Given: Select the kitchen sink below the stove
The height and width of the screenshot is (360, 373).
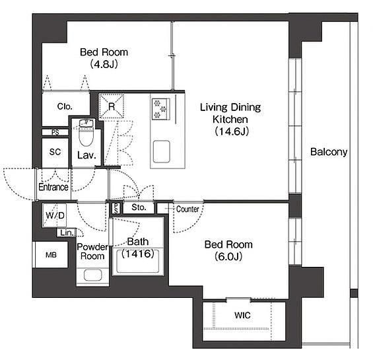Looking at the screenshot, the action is (162, 152).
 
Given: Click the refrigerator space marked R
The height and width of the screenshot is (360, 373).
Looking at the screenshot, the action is (112, 106).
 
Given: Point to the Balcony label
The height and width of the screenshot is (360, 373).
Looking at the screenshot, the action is (329, 152).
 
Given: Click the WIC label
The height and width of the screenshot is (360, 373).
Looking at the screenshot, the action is (242, 315).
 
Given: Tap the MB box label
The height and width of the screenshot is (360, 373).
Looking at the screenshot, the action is (51, 255).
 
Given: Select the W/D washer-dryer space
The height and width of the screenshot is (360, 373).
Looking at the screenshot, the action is (55, 215).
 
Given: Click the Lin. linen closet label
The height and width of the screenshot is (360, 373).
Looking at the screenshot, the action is (67, 233).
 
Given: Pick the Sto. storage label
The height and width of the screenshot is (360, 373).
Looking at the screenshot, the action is (139, 207).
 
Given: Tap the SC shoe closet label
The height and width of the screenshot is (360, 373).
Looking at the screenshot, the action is (55, 152).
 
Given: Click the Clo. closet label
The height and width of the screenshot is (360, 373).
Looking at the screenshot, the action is (65, 106).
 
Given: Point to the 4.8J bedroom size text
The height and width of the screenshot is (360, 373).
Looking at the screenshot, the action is (104, 64).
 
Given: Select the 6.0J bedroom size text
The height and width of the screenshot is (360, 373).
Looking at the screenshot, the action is (228, 256).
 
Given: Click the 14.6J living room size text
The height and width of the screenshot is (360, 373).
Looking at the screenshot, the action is (232, 131).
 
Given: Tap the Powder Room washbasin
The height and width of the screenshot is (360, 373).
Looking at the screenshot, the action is (93, 275).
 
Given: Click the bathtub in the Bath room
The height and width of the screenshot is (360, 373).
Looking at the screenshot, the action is (138, 261).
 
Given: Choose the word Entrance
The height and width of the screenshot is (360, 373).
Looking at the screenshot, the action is (53, 187).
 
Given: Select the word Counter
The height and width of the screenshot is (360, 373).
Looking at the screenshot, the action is (187, 209).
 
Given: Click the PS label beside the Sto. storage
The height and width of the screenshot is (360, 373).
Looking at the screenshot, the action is (116, 208).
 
